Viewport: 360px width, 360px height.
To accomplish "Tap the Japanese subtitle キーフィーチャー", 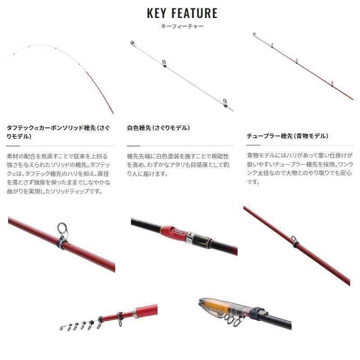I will coord(182,27).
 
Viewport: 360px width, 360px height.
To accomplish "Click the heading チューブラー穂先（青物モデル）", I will coord(288,135).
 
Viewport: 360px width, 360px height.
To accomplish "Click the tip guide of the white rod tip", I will coord(133,44).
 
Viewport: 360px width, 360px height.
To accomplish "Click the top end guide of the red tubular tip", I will coord(254,34).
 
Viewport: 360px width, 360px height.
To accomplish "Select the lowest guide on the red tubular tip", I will coord(332,83).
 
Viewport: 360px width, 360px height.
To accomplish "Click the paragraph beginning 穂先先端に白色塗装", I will coord(178,165).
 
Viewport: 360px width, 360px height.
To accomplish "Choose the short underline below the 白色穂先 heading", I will coord(134,146).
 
